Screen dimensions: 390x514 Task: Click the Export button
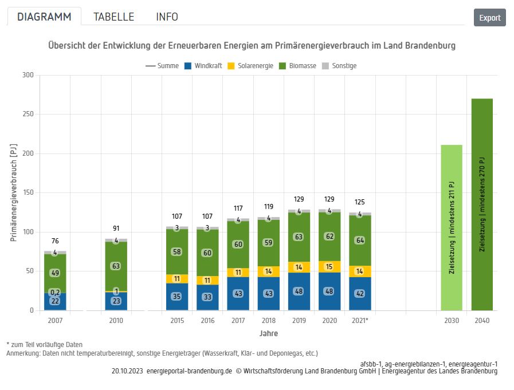pyautogui.click(x=489, y=18)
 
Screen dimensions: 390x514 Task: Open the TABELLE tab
pyautogui.click(x=113, y=17)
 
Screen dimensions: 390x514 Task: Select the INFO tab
pyautogui.click(x=167, y=17)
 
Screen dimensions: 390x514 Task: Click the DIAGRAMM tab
pyautogui.click(x=44, y=17)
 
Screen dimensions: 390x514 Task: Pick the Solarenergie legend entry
pyautogui.click(x=250, y=66)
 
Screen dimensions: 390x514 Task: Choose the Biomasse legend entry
pyautogui.click(x=297, y=66)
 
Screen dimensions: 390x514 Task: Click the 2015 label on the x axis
pyautogui.click(x=177, y=321)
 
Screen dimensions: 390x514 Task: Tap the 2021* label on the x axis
pyautogui.click(x=360, y=321)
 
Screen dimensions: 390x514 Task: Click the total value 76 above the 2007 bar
pyautogui.click(x=55, y=241)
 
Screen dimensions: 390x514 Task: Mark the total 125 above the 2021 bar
pyautogui.click(x=360, y=202)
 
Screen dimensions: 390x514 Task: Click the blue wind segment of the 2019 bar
pyautogui.click(x=299, y=291)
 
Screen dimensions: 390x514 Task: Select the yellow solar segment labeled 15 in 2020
pyautogui.click(x=329, y=267)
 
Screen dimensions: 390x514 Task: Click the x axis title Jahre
pyautogui.click(x=268, y=333)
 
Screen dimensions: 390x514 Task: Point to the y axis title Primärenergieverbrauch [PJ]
pyautogui.click(x=13, y=192)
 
